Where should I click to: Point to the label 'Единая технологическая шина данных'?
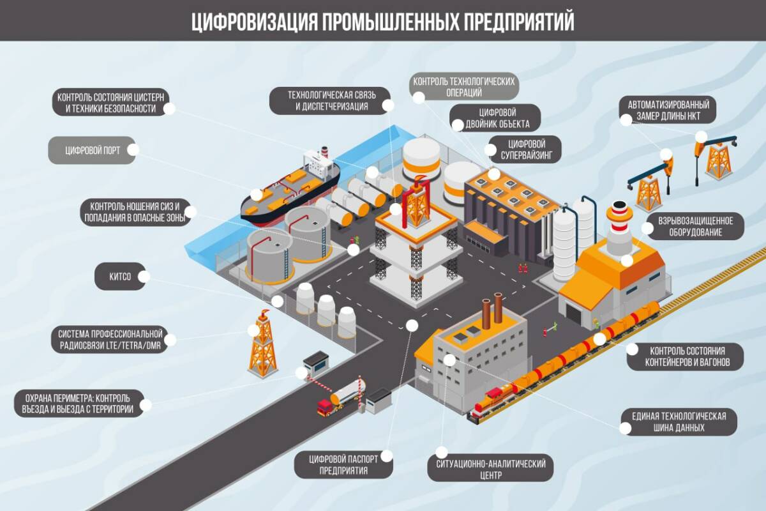coord(679,422)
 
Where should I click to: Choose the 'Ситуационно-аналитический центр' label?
coord(491,468)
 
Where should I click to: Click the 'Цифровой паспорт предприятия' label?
coord(343,464)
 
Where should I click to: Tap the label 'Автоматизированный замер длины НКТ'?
coord(668,110)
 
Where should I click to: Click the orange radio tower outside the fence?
coord(261,345)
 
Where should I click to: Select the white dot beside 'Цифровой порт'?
coord(133,150)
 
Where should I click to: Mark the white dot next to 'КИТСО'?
coord(144,277)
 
